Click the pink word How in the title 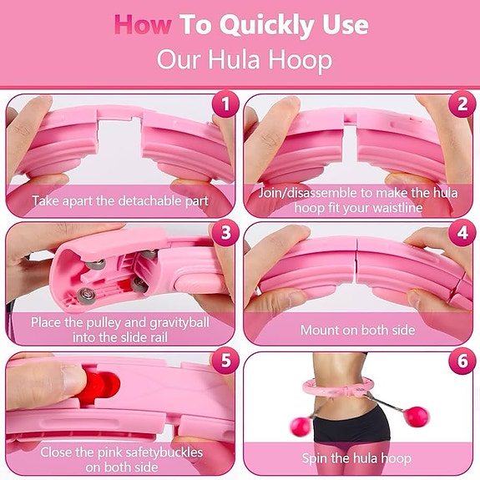143,25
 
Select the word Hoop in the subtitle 301,60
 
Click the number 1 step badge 225,104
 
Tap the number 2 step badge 462,104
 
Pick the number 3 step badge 225,233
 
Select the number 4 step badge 462,233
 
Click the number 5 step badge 225,361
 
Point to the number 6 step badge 462,361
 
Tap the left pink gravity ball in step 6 301,426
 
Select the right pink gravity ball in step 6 416,417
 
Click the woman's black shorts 352,426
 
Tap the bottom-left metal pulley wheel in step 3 86,296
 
